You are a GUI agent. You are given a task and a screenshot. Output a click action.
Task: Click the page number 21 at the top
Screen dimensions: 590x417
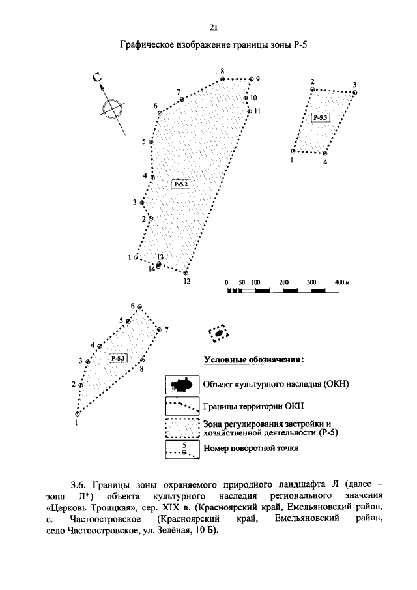coord(212,27)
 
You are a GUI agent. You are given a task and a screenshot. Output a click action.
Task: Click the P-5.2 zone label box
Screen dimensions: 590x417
coord(180,184)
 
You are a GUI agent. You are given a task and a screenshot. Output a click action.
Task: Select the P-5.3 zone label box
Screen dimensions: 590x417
coord(321,117)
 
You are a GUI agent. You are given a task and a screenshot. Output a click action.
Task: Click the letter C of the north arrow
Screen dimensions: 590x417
coord(98,79)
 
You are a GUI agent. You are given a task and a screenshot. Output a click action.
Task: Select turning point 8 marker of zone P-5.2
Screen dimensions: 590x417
coord(222,79)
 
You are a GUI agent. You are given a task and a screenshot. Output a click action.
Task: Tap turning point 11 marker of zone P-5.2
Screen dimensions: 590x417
coord(249,111)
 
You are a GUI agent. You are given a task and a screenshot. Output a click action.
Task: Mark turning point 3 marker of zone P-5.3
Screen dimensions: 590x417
coord(354,93)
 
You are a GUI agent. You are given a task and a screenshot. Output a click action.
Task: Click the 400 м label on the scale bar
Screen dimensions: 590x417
coord(343,282)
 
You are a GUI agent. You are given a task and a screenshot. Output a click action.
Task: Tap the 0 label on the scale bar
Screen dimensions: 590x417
coord(226,282)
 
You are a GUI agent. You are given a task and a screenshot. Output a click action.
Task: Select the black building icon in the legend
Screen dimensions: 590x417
coord(182,384)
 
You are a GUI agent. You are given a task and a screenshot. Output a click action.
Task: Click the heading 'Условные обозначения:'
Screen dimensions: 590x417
coord(255,359)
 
